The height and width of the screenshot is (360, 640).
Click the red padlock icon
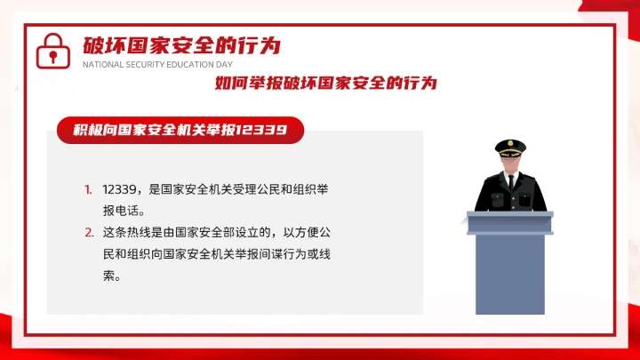(x=52, y=52)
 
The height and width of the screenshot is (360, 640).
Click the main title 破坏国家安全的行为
(x=181, y=45)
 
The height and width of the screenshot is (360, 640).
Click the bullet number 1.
(x=89, y=189)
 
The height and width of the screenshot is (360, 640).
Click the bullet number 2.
(x=89, y=233)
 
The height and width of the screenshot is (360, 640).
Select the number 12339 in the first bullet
(x=118, y=189)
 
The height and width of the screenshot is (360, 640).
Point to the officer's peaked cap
(x=510, y=146)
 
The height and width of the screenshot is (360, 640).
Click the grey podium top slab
(x=510, y=216)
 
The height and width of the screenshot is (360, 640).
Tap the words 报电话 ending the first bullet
(x=123, y=211)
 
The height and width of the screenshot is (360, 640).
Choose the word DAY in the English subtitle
(x=223, y=65)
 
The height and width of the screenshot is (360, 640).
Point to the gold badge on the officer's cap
(x=510, y=143)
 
